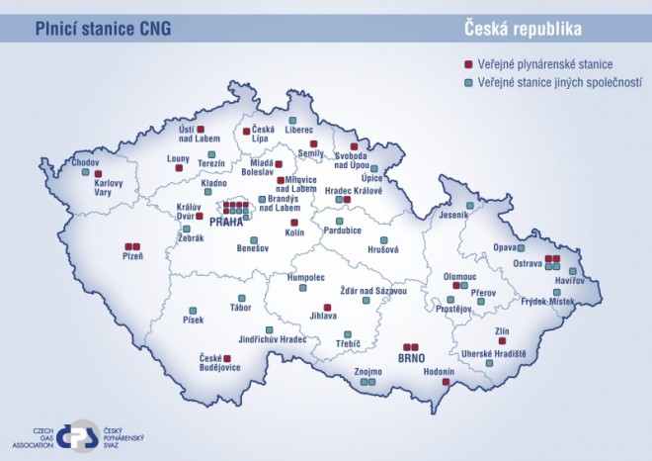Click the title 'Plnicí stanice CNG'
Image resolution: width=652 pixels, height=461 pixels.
pos(103,28)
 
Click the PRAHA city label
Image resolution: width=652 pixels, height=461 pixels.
pos(225,223)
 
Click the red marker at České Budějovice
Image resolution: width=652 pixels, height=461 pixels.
pos(226,357)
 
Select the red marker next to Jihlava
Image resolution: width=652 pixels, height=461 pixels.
pos(326,306)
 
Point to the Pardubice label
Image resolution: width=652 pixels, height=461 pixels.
pos(342,230)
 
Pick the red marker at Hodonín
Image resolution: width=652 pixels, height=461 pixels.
pos(448,381)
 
